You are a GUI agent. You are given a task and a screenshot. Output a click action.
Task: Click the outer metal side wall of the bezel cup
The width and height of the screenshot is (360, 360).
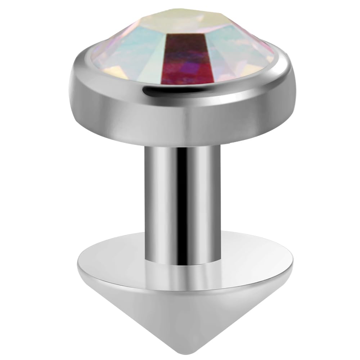[x=180, y=119]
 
